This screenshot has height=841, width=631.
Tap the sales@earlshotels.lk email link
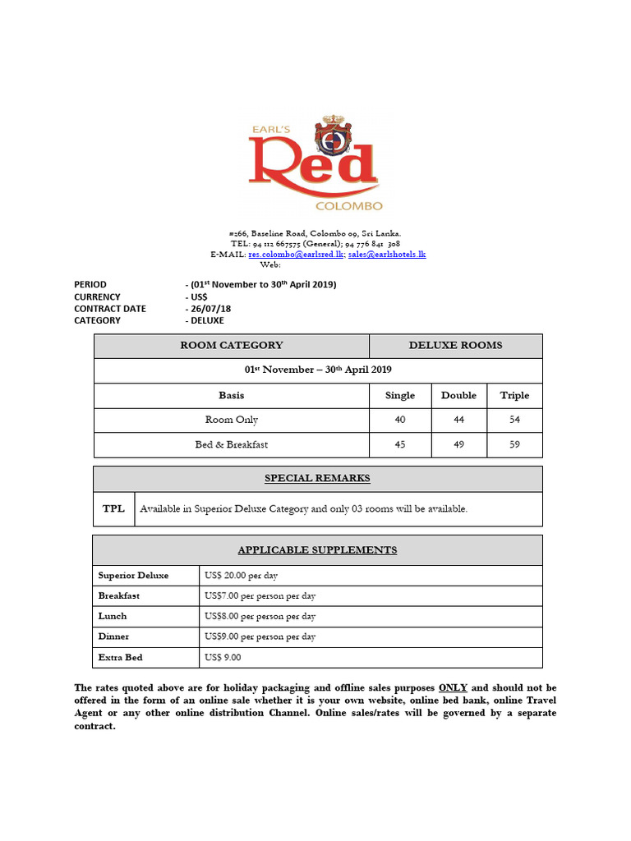[x=386, y=255]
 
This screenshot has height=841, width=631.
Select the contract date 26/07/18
[x=209, y=309]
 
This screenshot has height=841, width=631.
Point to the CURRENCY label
[x=97, y=296]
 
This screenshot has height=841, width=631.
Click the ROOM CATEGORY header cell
[x=232, y=346]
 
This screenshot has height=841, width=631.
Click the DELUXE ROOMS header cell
[x=455, y=346]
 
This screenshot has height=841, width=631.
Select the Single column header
[x=400, y=395]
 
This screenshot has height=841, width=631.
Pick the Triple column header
[x=514, y=395]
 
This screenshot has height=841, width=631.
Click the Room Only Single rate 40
[x=400, y=420]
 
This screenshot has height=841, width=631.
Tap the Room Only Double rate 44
[x=458, y=420]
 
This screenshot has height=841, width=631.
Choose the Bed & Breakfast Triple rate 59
[x=514, y=445]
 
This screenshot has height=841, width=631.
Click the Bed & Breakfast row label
[x=232, y=445]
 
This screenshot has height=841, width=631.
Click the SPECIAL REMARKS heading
[x=317, y=478]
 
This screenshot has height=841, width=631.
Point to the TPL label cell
[x=113, y=508]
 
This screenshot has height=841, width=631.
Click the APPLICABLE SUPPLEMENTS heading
[x=317, y=549]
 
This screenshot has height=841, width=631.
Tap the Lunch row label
[x=113, y=616]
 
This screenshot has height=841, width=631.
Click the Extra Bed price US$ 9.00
[x=223, y=657]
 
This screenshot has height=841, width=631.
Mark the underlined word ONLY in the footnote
[x=453, y=687]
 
